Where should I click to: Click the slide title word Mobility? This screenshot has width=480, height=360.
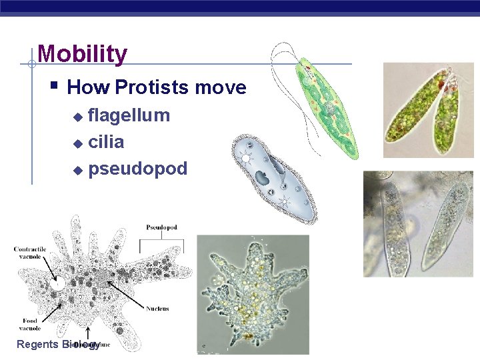click(x=82, y=54)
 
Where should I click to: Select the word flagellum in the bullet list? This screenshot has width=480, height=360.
click(x=129, y=115)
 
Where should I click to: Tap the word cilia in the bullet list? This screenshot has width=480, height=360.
click(x=106, y=142)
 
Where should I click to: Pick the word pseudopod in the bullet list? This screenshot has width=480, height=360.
click(x=137, y=169)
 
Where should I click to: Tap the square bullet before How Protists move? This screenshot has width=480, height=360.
click(x=55, y=86)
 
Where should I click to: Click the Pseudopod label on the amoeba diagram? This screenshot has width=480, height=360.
click(x=161, y=227)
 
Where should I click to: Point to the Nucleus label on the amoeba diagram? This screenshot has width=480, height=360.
click(x=157, y=309)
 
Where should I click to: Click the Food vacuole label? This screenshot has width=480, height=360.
click(x=29, y=325)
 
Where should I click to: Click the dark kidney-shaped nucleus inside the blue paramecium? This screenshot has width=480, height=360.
click(x=263, y=179)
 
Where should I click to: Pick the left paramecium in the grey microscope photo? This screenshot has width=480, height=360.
click(x=394, y=227)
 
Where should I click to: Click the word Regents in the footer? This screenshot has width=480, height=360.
click(x=37, y=345)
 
